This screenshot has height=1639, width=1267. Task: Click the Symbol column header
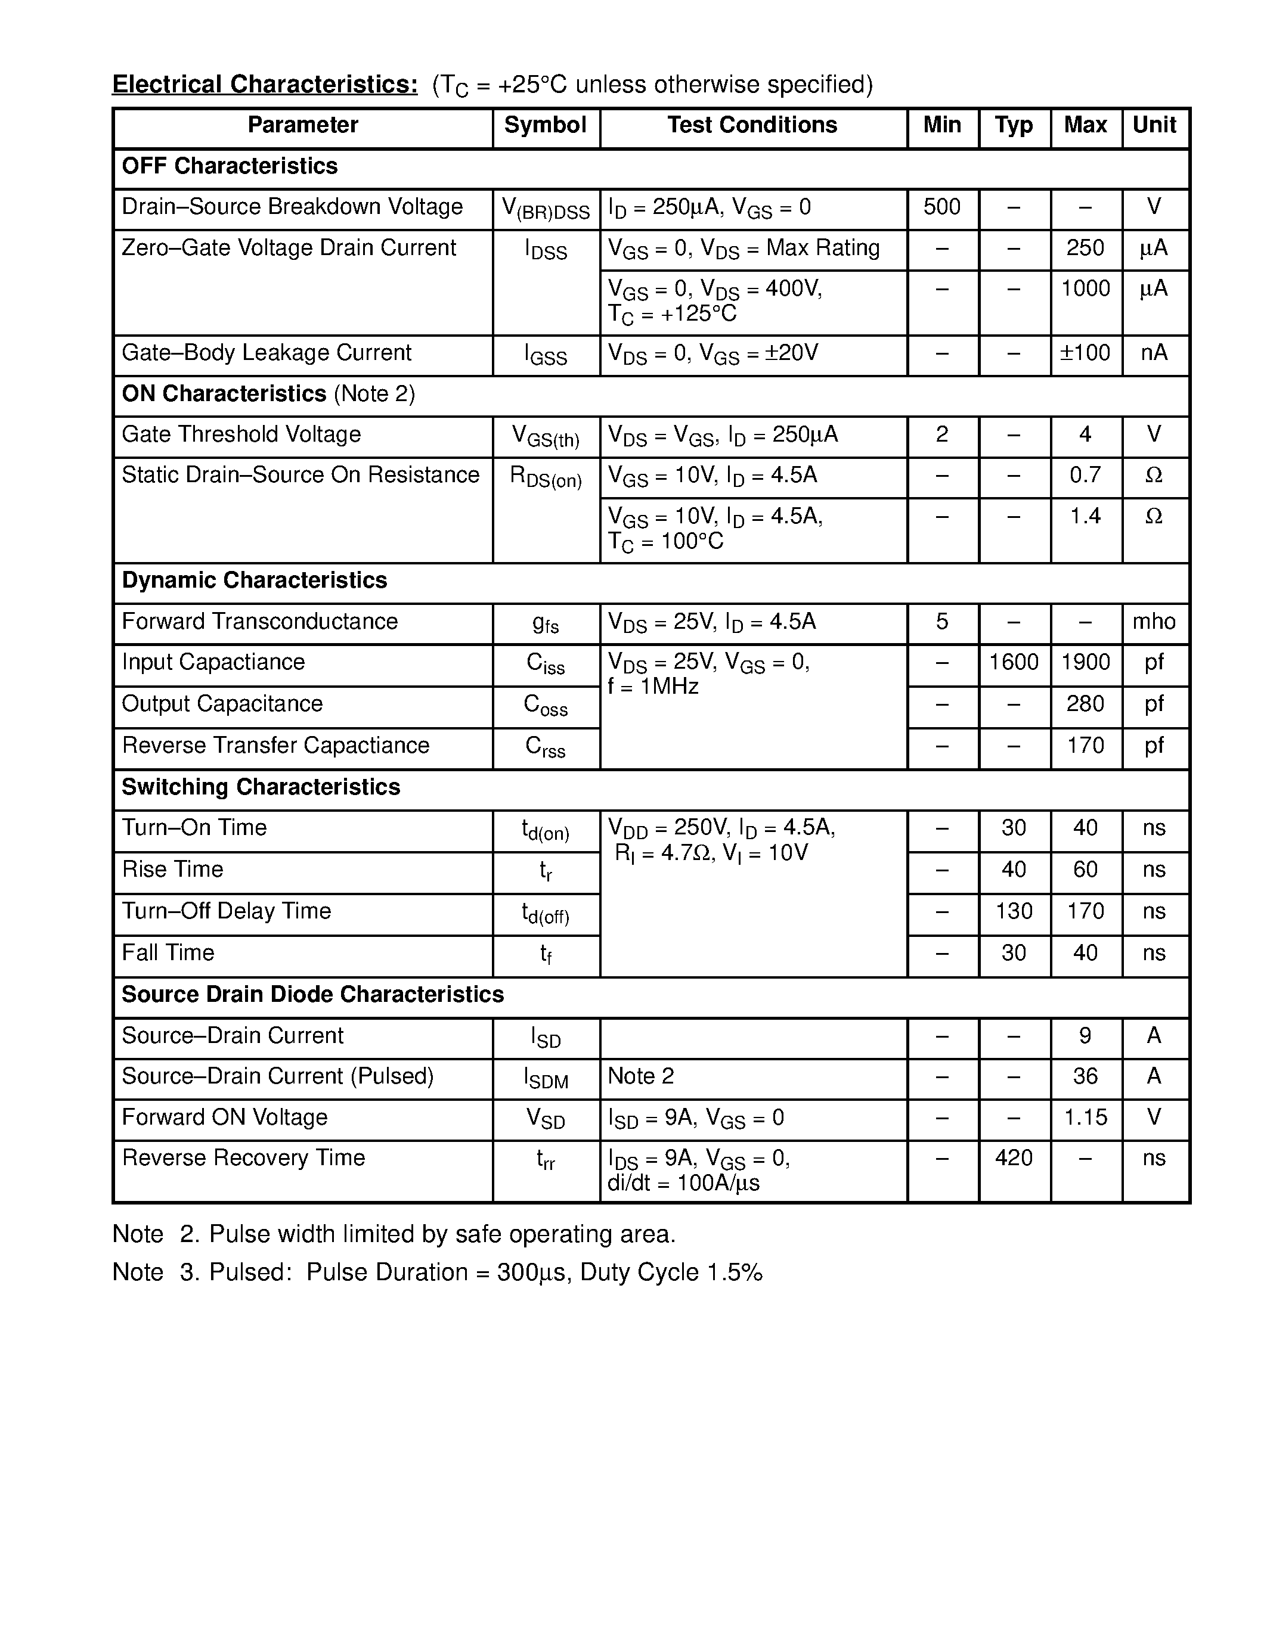[545, 125]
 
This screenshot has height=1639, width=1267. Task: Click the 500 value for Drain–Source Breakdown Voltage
[941, 207]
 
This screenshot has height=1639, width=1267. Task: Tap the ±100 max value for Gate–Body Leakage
[1085, 353]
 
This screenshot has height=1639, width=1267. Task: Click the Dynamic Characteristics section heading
[255, 581]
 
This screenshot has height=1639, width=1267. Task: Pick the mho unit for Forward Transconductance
[1154, 622]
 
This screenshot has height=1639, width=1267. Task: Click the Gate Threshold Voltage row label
[241, 434]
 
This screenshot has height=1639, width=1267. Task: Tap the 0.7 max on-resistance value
[1085, 475]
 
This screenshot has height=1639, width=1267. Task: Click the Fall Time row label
[168, 953]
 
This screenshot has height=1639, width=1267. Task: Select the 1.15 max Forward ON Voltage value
[1085, 1118]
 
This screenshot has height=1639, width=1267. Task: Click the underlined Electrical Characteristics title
[265, 85]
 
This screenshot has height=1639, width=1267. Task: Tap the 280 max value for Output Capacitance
[1085, 704]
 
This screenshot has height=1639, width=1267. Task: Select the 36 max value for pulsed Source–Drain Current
[1085, 1077]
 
